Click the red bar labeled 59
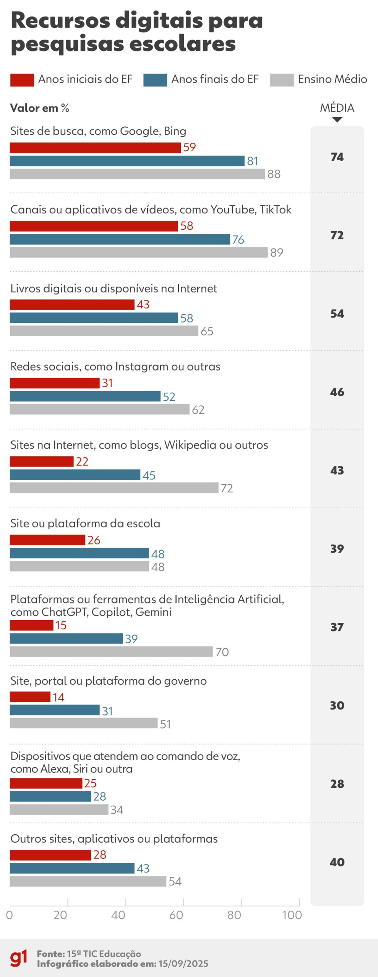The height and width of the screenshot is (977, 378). pyautogui.click(x=95, y=148)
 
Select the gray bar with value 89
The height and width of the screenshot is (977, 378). pyautogui.click(x=138, y=252)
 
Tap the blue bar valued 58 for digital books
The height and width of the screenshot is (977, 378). pyautogui.click(x=94, y=318)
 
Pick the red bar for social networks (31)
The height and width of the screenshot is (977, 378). pyautogui.click(x=55, y=383)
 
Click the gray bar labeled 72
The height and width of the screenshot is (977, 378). pyautogui.click(x=114, y=488)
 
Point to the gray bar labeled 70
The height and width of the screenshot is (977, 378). pyautogui.click(x=111, y=651)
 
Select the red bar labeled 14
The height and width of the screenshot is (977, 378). pyautogui.click(x=30, y=697)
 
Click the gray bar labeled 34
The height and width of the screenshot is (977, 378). pyautogui.click(x=59, y=809)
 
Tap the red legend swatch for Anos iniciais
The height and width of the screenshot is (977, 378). pyautogui.click(x=22, y=80)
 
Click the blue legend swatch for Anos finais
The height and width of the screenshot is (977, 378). pyautogui.click(x=155, y=80)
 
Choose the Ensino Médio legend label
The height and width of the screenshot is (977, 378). pyautogui.click(x=332, y=79)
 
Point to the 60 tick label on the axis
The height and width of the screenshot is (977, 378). pyautogui.click(x=176, y=915)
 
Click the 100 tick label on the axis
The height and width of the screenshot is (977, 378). pyautogui.click(x=292, y=915)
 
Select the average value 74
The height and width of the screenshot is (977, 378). pyautogui.click(x=337, y=157)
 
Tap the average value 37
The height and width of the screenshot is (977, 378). pyautogui.click(x=337, y=627)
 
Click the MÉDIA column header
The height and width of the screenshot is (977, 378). pyautogui.click(x=337, y=108)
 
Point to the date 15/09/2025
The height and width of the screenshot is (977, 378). pyautogui.click(x=183, y=964)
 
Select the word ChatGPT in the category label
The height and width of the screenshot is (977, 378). pyautogui.click(x=65, y=612)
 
